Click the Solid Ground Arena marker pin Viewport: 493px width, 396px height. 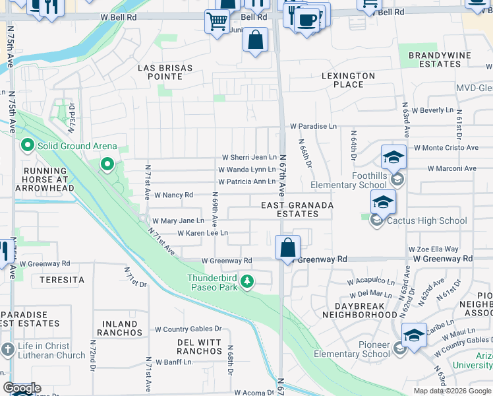27,145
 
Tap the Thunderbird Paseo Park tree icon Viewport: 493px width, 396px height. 247,282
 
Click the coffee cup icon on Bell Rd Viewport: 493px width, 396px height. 306,20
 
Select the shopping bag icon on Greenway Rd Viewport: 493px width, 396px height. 288,248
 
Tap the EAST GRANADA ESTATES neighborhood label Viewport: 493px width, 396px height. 297,210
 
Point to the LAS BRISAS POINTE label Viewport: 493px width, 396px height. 165,73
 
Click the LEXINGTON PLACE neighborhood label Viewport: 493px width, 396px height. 348,81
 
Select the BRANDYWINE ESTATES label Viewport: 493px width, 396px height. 434,59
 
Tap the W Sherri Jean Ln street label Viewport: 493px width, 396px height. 249,157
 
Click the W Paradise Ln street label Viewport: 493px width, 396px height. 313,126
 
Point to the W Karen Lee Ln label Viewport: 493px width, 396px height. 202,233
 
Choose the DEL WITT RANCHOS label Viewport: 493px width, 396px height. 199,346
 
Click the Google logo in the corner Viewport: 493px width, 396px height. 22,388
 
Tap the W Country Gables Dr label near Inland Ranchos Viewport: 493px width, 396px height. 188,329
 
